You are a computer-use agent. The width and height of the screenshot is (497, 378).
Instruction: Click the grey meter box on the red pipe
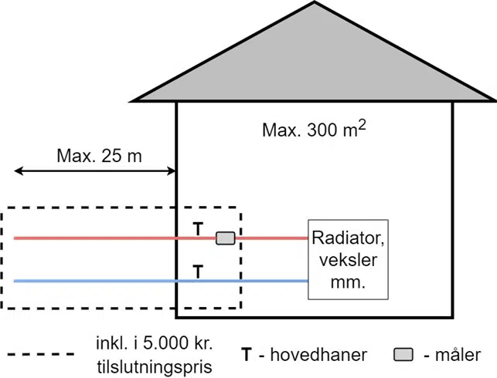(225, 238)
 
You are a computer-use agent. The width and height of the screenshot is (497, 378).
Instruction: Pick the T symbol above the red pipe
(198, 229)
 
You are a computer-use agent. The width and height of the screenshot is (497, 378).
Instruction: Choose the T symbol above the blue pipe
(198, 271)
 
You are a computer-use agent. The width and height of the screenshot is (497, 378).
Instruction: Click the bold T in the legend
(247, 355)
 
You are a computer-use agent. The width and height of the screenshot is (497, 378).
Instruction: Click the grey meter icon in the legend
(403, 355)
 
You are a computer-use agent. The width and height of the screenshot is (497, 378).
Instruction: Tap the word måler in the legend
(458, 355)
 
